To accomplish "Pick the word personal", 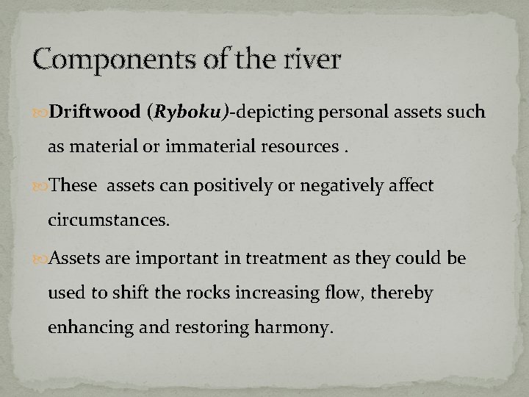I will click(x=353, y=112).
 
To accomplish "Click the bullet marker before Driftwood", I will click(x=41, y=112).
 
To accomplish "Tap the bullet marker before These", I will click(x=41, y=187).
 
